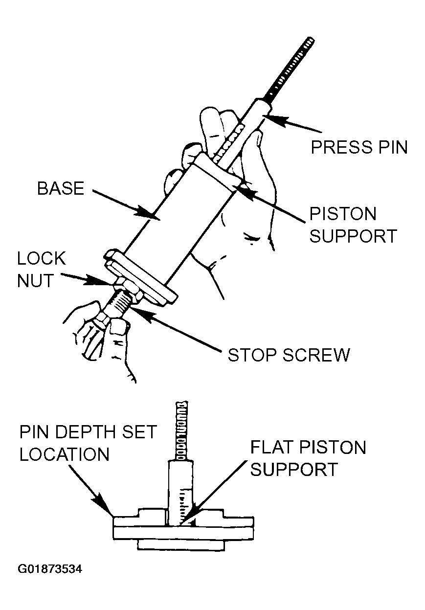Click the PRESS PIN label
click(x=359, y=146)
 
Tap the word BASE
click(x=61, y=189)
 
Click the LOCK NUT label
click(x=41, y=270)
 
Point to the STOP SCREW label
click(x=289, y=354)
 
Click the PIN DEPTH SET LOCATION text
click(x=88, y=443)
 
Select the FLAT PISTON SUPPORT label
click(x=308, y=458)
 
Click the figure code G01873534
click(x=51, y=569)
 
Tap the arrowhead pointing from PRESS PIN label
click(x=267, y=117)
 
